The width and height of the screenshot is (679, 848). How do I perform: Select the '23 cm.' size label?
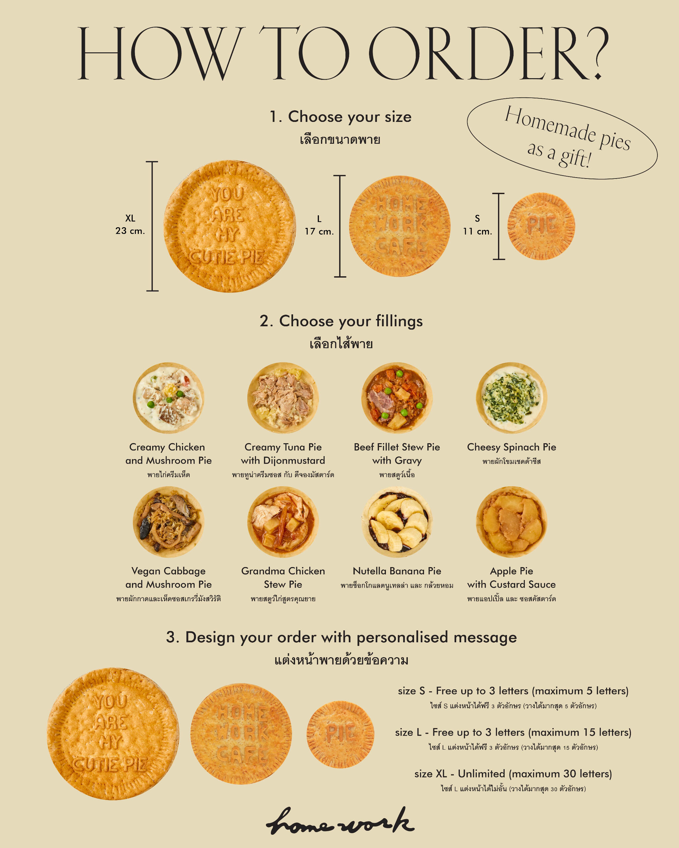(x=130, y=231)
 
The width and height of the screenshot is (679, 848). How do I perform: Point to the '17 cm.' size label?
(x=319, y=231)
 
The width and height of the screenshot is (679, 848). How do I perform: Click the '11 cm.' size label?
(x=477, y=231)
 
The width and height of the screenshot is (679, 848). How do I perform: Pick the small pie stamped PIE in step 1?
(x=541, y=226)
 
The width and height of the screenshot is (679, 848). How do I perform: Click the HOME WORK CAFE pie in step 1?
(x=400, y=226)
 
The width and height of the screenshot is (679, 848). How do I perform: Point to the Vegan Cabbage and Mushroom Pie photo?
(x=168, y=522)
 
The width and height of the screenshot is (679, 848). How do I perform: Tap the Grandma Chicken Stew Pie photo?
(x=283, y=522)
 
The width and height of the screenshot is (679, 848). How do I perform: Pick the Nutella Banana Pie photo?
(x=397, y=522)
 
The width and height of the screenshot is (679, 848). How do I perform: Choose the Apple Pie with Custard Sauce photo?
(x=512, y=522)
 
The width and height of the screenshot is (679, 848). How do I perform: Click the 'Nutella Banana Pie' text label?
(x=397, y=571)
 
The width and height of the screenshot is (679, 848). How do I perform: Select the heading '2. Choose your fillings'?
(x=341, y=321)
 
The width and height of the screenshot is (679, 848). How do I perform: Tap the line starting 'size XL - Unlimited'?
(x=513, y=774)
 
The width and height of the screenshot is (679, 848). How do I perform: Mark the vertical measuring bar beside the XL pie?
(x=152, y=226)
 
